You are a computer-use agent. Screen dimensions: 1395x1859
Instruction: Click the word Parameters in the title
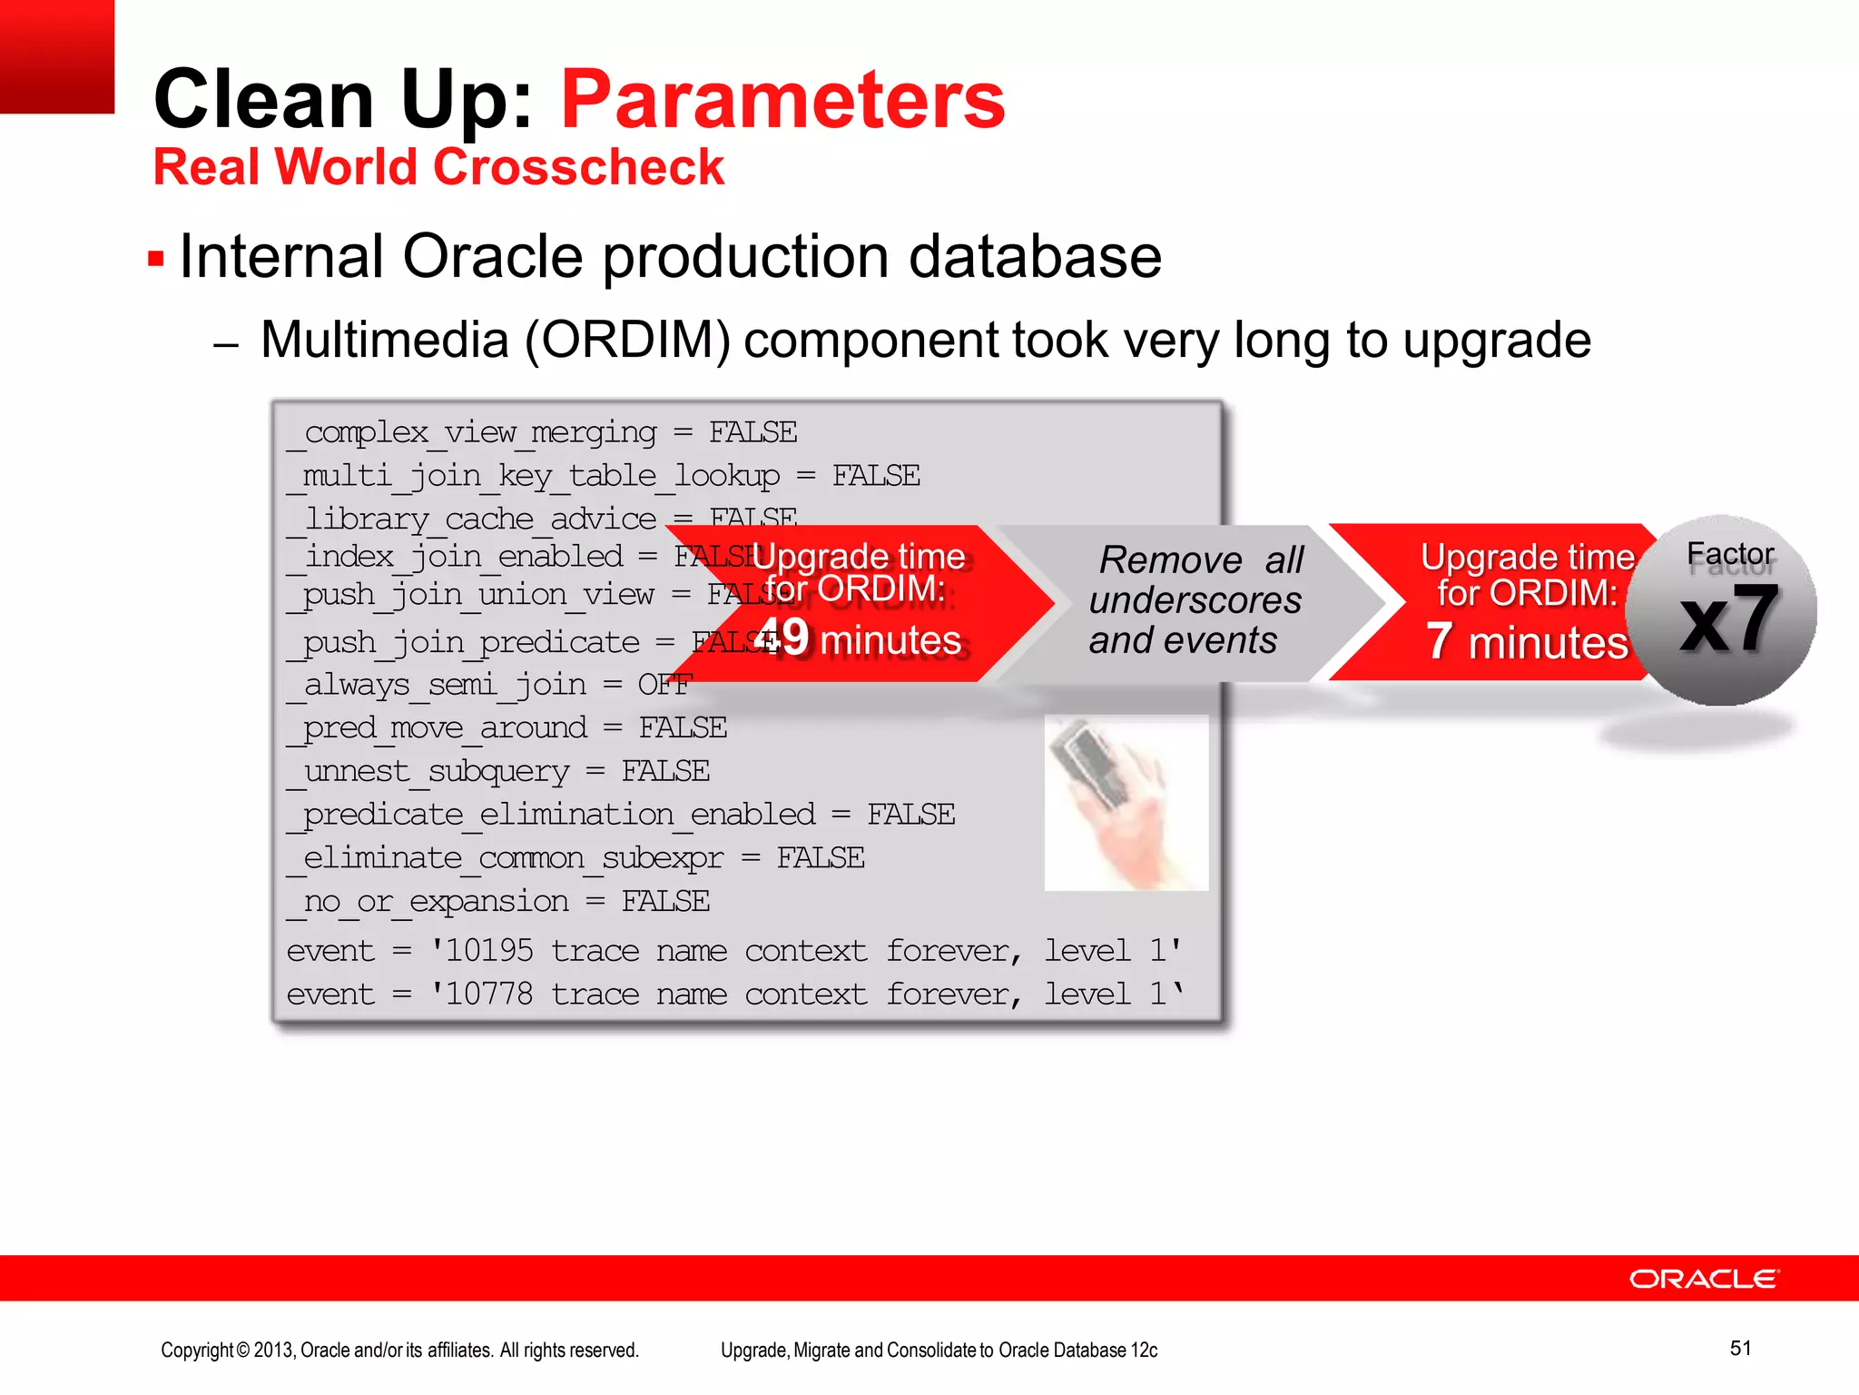point(782,100)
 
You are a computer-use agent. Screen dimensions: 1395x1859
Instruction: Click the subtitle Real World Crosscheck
point(438,167)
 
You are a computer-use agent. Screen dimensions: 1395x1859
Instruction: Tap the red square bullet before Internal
point(156,259)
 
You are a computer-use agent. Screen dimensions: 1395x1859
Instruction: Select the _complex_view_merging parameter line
point(542,432)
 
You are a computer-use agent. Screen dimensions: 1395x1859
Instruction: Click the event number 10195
point(488,951)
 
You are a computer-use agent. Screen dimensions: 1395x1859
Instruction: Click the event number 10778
point(488,994)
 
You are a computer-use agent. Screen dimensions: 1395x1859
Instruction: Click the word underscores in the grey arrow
point(1195,600)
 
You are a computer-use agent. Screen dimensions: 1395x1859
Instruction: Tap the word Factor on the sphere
point(1729,553)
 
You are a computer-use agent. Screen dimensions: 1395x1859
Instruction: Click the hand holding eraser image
point(1126,802)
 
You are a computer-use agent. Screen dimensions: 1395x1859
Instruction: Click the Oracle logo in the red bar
point(1704,1279)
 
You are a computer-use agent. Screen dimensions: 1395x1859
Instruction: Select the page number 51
point(1740,1348)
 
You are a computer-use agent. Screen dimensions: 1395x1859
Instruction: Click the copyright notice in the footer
point(399,1350)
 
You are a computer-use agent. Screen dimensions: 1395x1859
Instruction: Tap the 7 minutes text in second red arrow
point(1527,642)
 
